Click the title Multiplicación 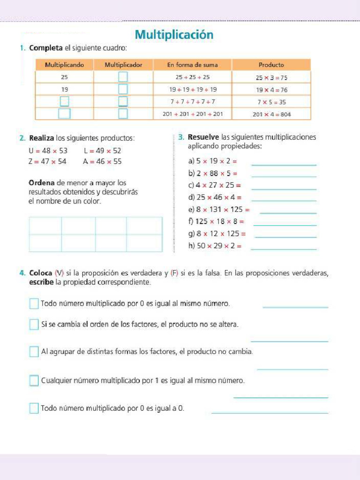point(174,35)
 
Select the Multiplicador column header point(123,65)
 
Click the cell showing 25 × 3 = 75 point(271,77)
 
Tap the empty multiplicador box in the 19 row point(123,89)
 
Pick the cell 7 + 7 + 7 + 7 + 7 point(192,101)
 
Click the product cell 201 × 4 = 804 point(271,114)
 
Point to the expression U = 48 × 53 point(48,150)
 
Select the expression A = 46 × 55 point(102,161)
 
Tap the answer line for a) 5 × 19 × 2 point(284,164)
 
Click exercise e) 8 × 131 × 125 point(218,210)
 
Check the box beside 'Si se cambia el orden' point(34,324)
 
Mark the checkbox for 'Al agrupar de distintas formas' point(34,352)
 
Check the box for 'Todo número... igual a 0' point(34,408)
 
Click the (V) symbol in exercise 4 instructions point(59,273)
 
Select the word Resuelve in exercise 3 point(203,137)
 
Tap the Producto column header point(271,65)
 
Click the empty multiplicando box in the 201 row point(64,113)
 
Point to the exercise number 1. point(22,48)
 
